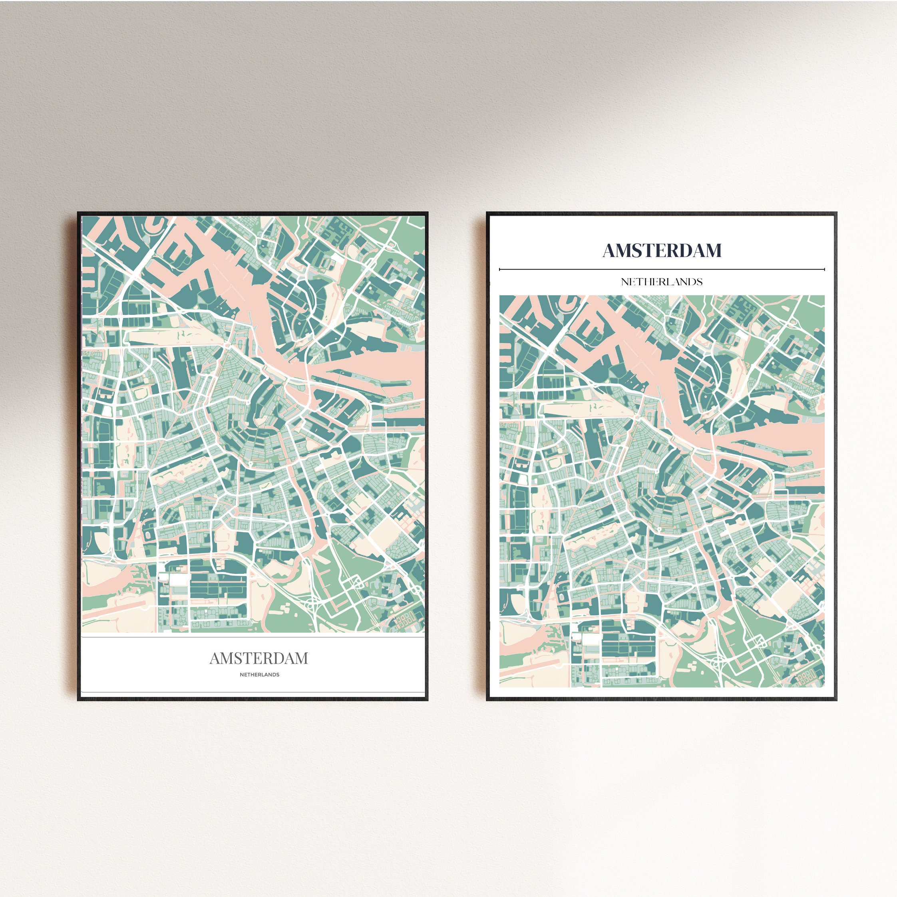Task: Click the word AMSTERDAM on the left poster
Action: [x=259, y=658]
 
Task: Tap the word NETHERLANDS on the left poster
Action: [x=260, y=674]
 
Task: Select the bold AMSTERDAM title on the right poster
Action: [x=662, y=251]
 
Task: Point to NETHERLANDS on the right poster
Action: [x=662, y=282]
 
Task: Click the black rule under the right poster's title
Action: [x=662, y=269]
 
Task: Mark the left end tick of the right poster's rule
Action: [x=499, y=269]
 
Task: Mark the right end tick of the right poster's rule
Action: [x=825, y=269]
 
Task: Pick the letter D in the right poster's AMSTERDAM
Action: [x=688, y=251]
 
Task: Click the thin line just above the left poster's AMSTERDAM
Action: [x=253, y=637]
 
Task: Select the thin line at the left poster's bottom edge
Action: [x=253, y=693]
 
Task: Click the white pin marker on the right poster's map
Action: [x=659, y=528]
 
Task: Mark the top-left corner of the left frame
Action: [x=78, y=212]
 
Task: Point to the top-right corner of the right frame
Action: [x=836, y=213]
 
